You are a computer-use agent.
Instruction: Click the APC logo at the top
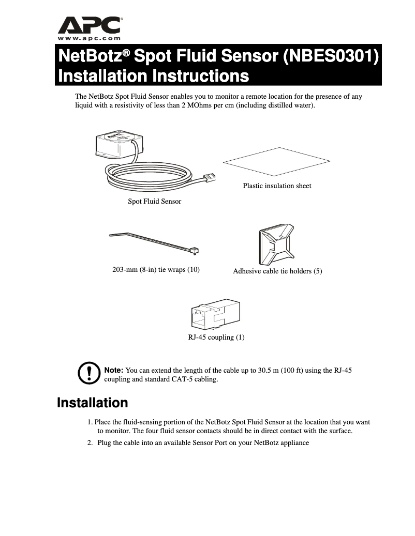90,25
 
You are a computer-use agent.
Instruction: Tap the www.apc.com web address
90,38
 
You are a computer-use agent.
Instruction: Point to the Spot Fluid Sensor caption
154,201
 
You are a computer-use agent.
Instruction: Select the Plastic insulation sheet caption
277,186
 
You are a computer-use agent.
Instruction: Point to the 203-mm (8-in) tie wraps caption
156,269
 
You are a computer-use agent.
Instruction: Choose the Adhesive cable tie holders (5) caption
277,271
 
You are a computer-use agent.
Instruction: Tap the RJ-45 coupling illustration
215,313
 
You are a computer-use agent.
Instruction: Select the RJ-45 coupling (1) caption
216,338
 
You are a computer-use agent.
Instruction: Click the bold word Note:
114,371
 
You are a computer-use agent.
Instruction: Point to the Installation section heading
92,403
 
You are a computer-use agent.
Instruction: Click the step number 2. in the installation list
90,443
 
